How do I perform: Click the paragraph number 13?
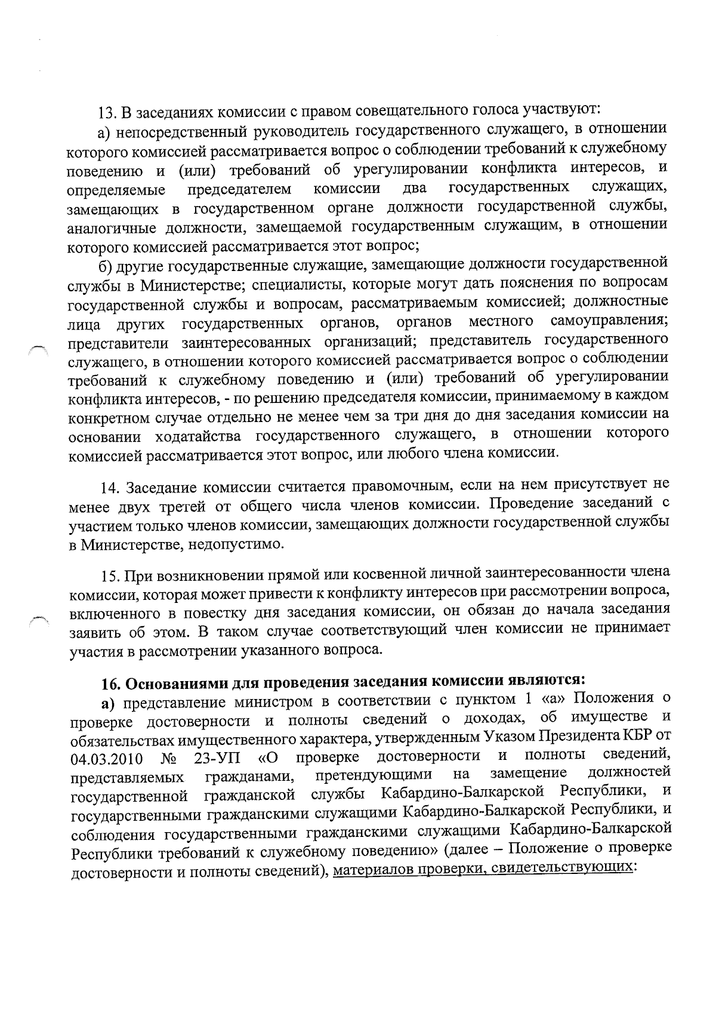(107, 112)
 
